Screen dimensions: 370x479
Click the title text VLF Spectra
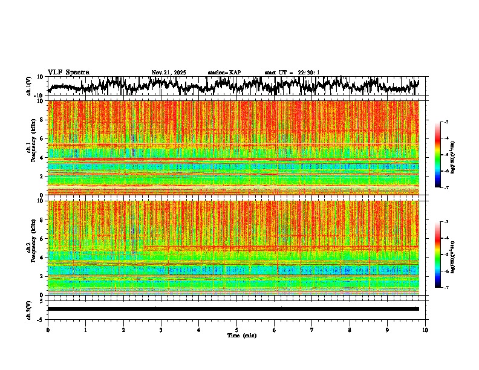coord(68,73)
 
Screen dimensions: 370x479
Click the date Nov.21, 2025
coord(169,73)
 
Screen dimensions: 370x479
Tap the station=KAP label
coord(224,73)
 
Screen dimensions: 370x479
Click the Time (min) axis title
coord(241,336)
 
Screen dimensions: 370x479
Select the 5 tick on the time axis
coord(236,329)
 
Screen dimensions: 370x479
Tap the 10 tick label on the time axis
coord(425,329)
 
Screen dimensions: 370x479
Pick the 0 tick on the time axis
coord(48,329)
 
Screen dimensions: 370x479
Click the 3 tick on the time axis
coord(161,329)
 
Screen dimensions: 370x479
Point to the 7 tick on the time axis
coord(312,329)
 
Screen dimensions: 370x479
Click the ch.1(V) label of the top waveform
coord(28,86)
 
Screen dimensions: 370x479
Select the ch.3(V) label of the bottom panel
coord(28,309)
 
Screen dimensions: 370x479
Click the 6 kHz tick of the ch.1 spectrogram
coord(42,138)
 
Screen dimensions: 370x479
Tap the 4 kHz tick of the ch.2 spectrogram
coord(42,257)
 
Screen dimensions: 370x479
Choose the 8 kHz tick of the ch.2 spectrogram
coord(42,219)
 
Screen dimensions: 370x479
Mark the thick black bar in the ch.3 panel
coord(233,309)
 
